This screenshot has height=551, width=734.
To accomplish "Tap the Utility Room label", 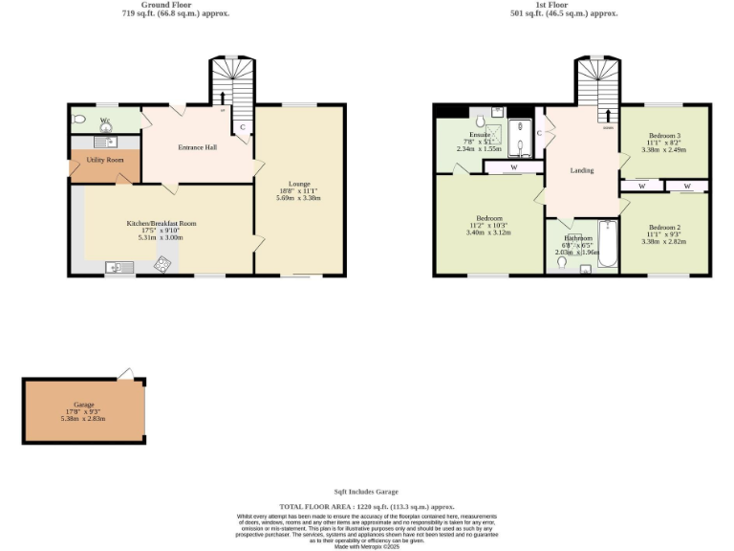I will pyautogui.click(x=105, y=160).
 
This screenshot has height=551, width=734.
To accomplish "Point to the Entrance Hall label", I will pyautogui.click(x=198, y=147).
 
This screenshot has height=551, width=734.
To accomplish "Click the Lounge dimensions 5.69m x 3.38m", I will pyautogui.click(x=299, y=198).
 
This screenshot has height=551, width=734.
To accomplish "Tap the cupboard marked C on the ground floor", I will pyautogui.click(x=243, y=126).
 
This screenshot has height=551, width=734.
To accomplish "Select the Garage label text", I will pyautogui.click(x=83, y=404).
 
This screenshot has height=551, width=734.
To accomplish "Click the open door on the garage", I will pyautogui.click(x=125, y=373).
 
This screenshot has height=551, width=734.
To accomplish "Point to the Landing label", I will pyautogui.click(x=581, y=170).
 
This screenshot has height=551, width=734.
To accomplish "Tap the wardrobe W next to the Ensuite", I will pyautogui.click(x=513, y=167).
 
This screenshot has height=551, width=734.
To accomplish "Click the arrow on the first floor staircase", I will pyautogui.click(x=608, y=116).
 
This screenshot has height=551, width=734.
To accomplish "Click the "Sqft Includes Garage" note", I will pyautogui.click(x=366, y=492).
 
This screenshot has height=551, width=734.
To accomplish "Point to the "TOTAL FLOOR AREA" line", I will pyautogui.click(x=366, y=506).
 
